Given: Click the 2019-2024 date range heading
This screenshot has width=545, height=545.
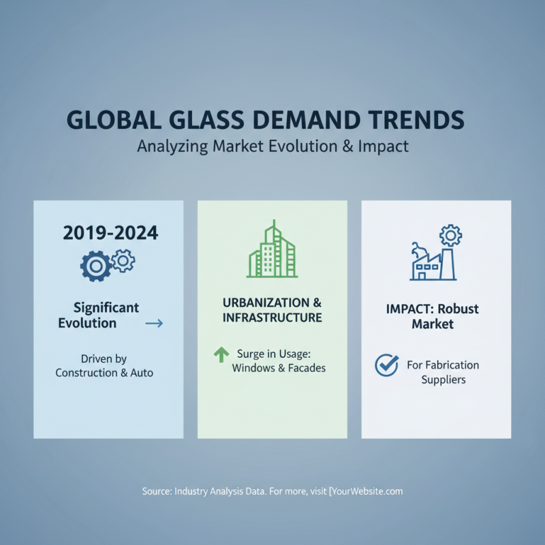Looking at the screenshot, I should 110,233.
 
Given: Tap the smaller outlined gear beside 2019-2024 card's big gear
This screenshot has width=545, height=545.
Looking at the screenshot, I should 123,260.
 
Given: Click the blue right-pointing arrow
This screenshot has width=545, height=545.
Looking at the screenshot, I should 155,323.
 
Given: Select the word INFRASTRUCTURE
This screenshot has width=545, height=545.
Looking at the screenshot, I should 272,317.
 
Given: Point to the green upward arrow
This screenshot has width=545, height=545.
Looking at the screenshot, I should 221,354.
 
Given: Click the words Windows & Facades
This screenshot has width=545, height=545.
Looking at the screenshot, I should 279,369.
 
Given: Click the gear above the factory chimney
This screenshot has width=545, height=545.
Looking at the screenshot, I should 450,236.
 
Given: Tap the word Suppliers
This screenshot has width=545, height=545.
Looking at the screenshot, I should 443,379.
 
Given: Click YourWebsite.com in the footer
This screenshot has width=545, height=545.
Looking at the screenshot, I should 367,490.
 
